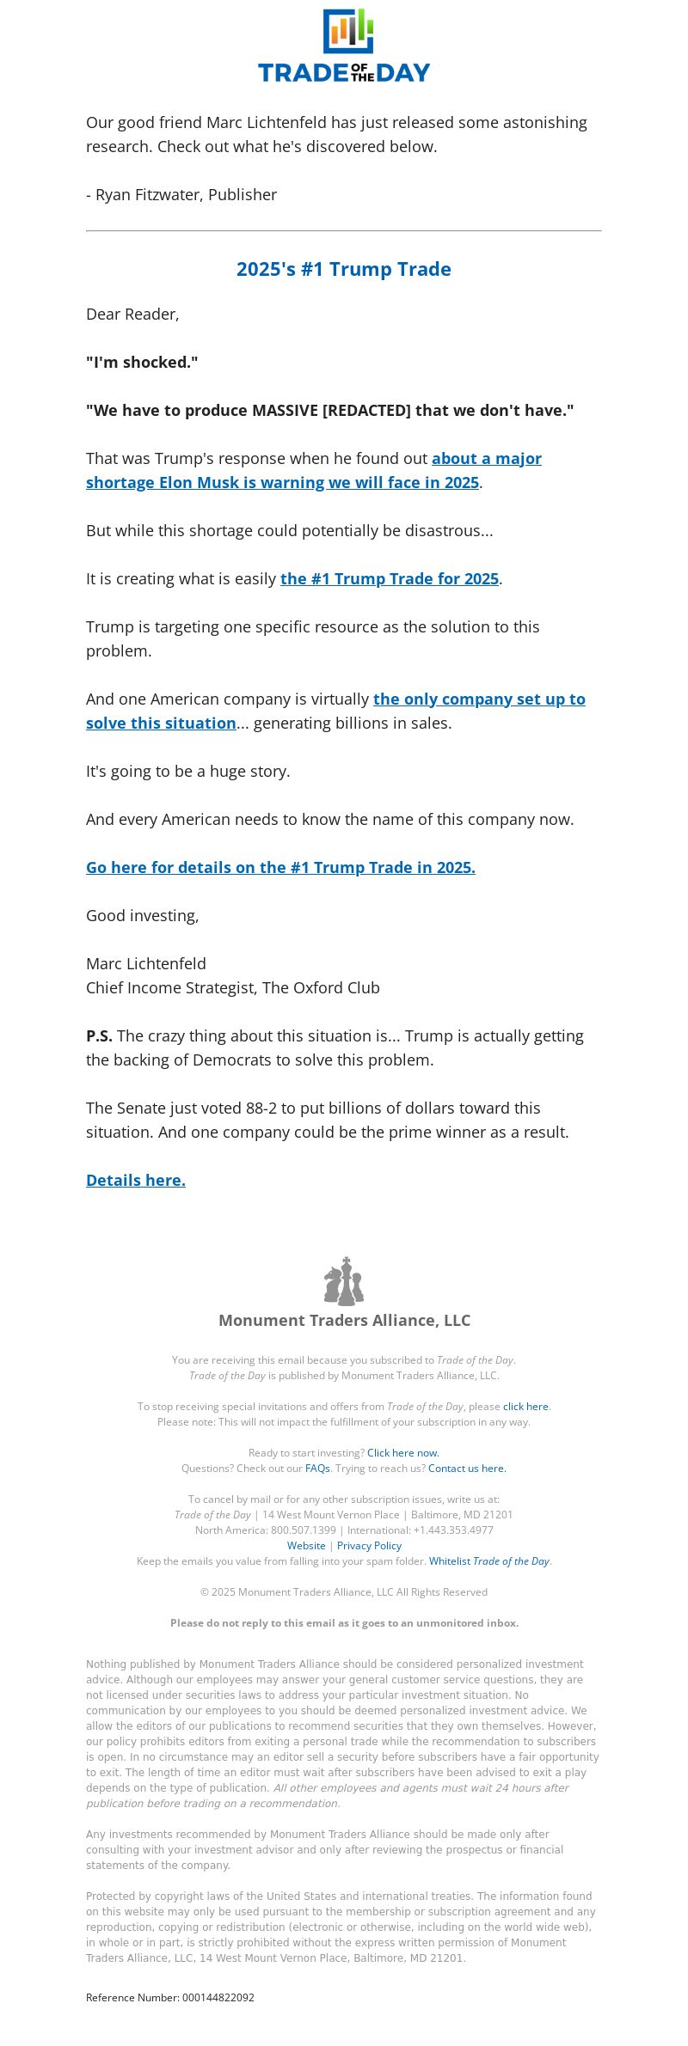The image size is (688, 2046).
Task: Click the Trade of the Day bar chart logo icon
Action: (x=347, y=31)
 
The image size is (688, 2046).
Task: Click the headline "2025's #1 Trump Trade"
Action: (x=344, y=269)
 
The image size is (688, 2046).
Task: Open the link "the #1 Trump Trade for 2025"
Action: (x=390, y=579)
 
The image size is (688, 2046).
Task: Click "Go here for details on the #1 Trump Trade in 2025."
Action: (x=280, y=868)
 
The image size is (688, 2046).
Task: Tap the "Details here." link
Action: (x=136, y=1181)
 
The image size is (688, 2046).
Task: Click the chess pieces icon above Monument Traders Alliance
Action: (x=344, y=1281)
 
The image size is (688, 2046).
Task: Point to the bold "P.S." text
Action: (x=99, y=1036)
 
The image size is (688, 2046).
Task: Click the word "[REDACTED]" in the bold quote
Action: (x=366, y=411)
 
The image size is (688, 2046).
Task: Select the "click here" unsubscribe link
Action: (x=525, y=1407)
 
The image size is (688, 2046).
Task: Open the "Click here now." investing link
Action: (x=403, y=1453)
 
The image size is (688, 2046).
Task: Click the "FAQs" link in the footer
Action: (x=317, y=1469)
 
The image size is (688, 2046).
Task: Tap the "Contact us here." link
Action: (x=467, y=1469)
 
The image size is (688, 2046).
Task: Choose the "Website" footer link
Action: (x=306, y=1546)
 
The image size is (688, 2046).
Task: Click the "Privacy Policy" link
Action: (x=369, y=1546)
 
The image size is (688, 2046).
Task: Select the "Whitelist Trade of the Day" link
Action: (x=489, y=1561)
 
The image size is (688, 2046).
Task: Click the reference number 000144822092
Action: (x=218, y=1998)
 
